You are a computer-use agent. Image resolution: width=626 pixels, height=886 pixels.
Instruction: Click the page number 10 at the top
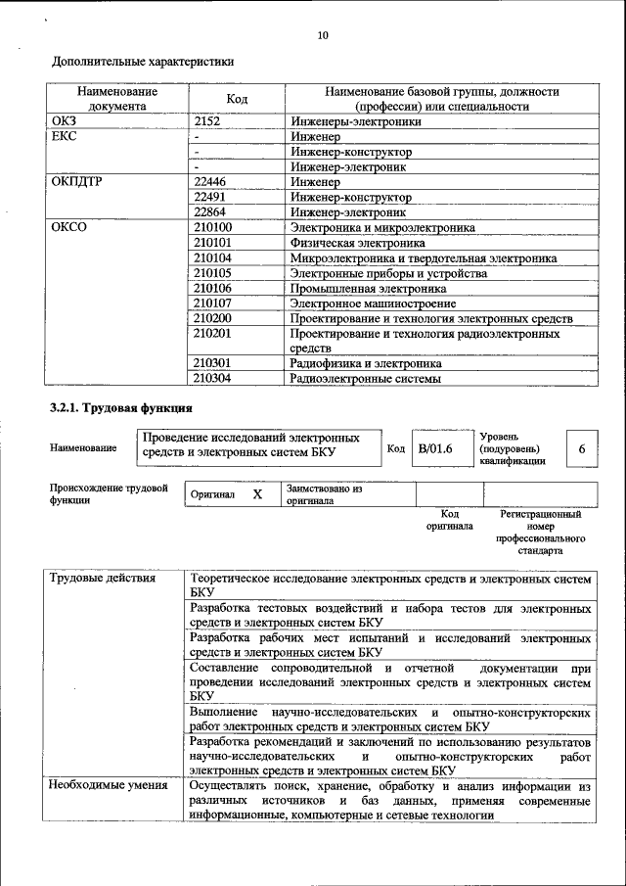coord(323,36)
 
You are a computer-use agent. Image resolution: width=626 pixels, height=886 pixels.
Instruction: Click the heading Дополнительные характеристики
coord(143,61)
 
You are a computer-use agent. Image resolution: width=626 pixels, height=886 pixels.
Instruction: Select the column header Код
coord(237,99)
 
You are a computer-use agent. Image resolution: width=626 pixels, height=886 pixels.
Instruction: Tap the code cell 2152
coord(209,122)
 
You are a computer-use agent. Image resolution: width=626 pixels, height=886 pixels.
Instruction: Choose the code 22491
coord(209,197)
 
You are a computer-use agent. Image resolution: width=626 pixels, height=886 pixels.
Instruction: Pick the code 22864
coord(209,211)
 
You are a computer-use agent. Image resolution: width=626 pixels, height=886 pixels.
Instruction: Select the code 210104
coord(212,258)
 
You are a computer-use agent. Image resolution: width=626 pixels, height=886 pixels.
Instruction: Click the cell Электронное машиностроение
coord(368,303)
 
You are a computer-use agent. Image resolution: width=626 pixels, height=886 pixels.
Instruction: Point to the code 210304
coord(212,378)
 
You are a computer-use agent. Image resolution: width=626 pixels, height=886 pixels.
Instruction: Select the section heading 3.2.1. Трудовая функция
coord(121,407)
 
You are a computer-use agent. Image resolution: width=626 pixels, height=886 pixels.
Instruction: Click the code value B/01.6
coord(435,448)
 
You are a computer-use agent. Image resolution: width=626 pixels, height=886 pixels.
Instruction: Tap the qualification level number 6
coord(582,448)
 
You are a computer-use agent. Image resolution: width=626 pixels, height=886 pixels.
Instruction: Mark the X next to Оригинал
coord(257,494)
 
